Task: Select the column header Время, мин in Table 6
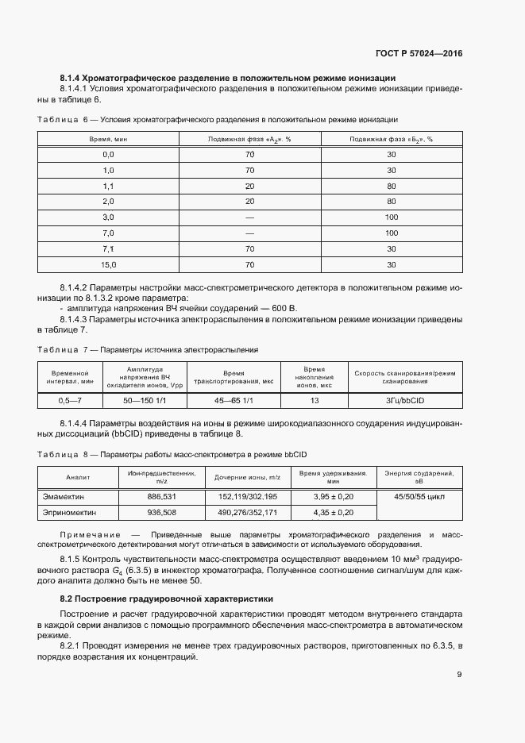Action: click(x=108, y=139)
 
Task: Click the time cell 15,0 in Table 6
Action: click(x=108, y=264)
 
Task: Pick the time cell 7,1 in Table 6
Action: click(x=108, y=248)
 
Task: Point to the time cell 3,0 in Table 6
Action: click(x=108, y=218)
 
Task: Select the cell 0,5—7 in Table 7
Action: click(x=71, y=402)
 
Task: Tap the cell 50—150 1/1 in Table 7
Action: click(x=145, y=402)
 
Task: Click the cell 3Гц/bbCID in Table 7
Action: click(x=405, y=402)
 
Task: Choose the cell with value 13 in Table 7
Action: click(x=315, y=402)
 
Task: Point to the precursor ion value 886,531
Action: click(x=161, y=496)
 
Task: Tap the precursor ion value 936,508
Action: click(x=161, y=513)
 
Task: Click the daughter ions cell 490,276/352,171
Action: click(x=247, y=513)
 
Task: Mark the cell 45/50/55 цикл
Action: click(x=419, y=496)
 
